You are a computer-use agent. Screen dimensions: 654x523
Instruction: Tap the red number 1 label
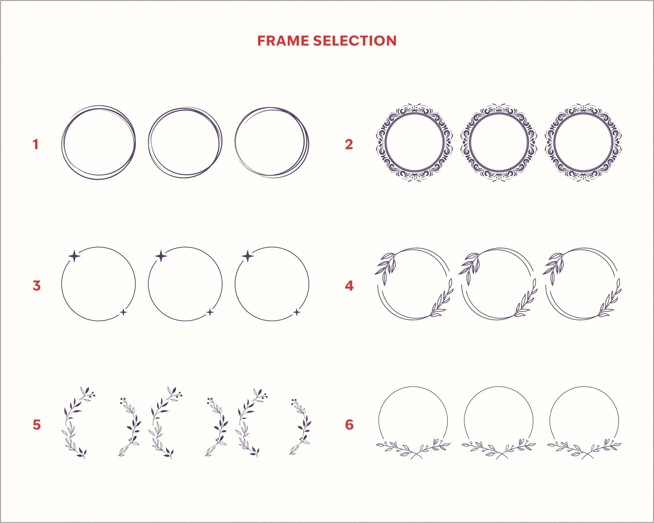[36, 144]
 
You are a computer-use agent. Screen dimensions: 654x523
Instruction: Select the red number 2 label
[349, 144]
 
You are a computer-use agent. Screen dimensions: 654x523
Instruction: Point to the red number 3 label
[36, 286]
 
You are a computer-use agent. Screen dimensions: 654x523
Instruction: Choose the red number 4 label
[349, 286]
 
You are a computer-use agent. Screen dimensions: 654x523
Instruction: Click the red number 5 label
[36, 425]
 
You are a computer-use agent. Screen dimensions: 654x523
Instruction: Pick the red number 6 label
[349, 425]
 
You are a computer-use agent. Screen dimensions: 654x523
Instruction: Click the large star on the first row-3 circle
[74, 257]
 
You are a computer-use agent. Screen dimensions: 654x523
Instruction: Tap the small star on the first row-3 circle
[123, 312]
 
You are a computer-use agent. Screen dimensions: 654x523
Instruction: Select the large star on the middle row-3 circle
[161, 257]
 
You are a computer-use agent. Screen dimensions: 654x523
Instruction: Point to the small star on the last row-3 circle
[297, 312]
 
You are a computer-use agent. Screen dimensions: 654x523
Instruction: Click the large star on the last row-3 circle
[248, 257]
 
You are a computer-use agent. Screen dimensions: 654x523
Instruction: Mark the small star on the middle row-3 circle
[210, 312]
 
